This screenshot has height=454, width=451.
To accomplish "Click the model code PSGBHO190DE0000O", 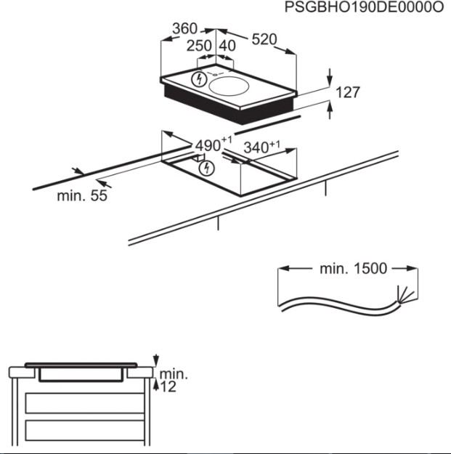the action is pos(364,7).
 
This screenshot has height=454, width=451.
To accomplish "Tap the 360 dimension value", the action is pos(184,28).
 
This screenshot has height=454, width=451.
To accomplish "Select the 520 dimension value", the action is pos(264,39).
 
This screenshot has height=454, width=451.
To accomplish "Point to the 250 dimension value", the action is pos(199,46).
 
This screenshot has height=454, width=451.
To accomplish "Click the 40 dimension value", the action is pos(227,46).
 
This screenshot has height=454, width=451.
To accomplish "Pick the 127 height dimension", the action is pos(348,92).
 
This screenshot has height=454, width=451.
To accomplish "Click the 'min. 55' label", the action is pos(82,195).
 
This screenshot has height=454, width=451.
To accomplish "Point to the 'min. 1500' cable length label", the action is pos(353,269).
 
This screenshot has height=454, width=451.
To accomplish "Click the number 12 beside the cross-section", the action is pos(168,387).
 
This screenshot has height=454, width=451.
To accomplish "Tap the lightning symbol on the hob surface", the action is pos(199,79).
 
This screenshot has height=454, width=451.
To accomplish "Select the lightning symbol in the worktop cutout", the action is pos(207,169).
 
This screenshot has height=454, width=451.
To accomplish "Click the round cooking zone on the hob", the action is pos(229,86).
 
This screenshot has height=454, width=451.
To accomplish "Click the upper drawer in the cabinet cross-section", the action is pos(84,403).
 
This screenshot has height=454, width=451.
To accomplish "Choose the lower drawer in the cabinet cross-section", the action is pos(84,430).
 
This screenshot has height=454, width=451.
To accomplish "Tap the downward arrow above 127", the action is pos(330,77).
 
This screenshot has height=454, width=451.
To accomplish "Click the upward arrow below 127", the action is pos(330,110).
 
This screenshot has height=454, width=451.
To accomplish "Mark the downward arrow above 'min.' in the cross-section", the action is pos(156,360).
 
